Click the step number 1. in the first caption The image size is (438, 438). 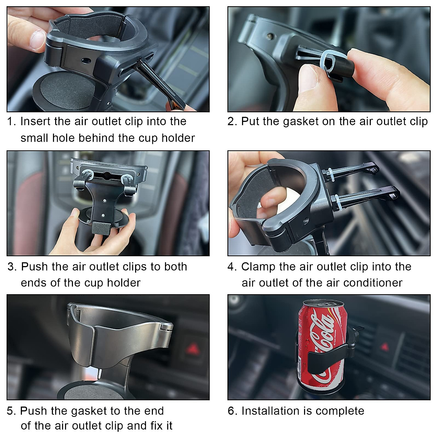[x=12, y=122]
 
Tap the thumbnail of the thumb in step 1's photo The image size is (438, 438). [x=38, y=40]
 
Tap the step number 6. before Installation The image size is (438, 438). [x=233, y=411]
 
